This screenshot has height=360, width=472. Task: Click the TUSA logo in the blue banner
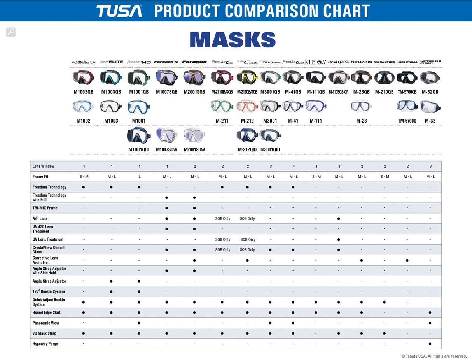tap(119, 11)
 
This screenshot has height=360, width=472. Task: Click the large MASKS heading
tap(233, 40)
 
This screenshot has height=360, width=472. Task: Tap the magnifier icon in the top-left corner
tap(11, 32)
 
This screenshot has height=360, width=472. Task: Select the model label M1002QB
tap(83, 92)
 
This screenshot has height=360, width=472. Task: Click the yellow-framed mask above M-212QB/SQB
tap(247, 77)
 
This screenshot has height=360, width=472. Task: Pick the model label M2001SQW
tap(194, 149)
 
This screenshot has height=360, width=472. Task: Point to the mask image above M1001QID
tap(139, 135)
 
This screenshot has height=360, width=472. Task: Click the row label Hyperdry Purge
tap(45, 344)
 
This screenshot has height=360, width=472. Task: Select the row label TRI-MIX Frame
tap(45, 208)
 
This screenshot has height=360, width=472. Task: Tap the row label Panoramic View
tap(46, 323)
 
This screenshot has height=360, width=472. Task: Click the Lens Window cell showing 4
tap(293, 167)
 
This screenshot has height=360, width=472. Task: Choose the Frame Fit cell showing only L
tap(139, 177)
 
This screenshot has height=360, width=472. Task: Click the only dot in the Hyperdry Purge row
tap(430, 344)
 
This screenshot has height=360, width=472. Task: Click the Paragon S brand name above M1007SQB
tap(166, 62)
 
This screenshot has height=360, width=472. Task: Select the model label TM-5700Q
tap(407, 121)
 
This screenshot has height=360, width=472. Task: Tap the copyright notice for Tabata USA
tap(434, 356)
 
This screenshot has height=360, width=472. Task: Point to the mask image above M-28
tap(361, 106)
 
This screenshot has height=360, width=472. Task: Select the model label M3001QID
tap(270, 149)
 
